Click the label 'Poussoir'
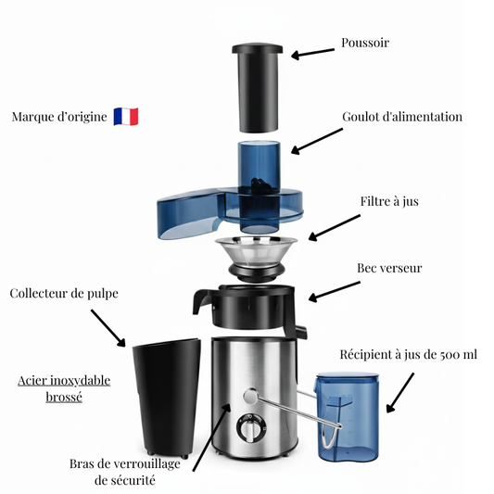364,43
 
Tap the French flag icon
126,118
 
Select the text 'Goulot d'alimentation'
401,117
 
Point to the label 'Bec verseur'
389,268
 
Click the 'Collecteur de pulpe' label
64,294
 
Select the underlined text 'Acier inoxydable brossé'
64,388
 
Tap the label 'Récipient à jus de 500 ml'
408,353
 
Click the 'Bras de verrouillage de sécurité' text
123,472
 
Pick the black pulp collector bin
167,399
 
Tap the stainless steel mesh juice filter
258,253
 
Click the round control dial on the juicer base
248,431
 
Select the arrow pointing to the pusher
313,53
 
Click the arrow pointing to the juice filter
335,226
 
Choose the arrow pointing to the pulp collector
108,329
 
